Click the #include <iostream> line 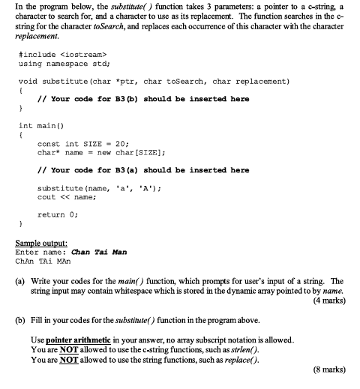(x=64, y=54)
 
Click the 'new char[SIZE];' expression (x=121, y=152)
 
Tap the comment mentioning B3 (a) (x=143, y=170)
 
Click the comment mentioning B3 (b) (x=143, y=98)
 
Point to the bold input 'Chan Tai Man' (x=98, y=253)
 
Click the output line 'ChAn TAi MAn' (x=46, y=262)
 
